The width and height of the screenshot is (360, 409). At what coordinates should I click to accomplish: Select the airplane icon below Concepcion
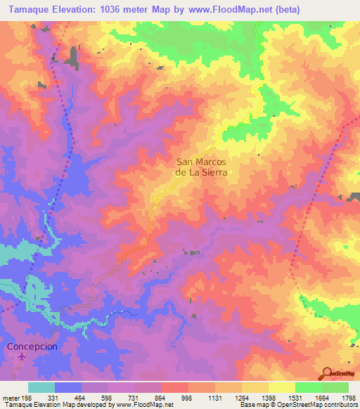[x=22, y=358]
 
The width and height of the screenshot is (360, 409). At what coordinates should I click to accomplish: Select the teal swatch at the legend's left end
[x=41, y=387]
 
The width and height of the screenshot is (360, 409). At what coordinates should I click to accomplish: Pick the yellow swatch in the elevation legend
[x=282, y=387]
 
